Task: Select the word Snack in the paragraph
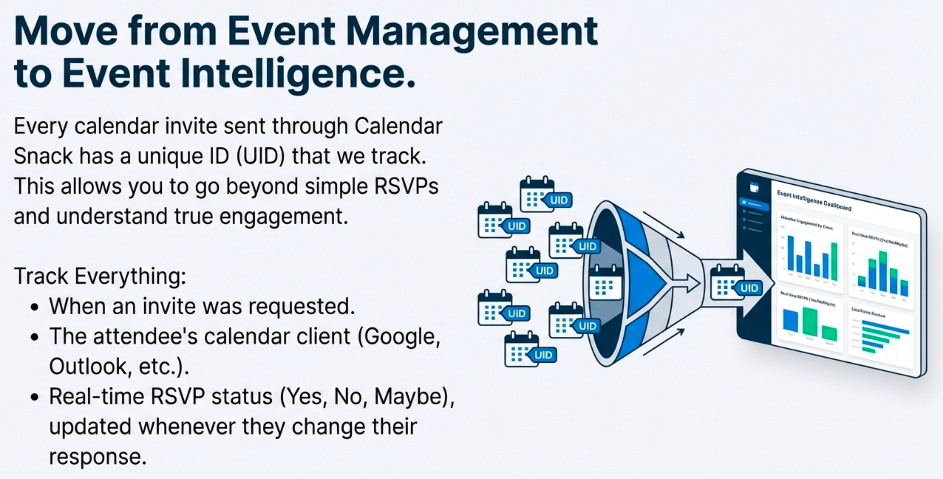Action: pos(43,156)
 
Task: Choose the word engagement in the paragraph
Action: pos(284,216)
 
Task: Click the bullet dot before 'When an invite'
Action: pos(35,307)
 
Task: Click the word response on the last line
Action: pos(98,456)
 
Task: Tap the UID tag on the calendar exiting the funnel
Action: pos(749,288)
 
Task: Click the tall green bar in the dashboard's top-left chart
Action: pos(834,261)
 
